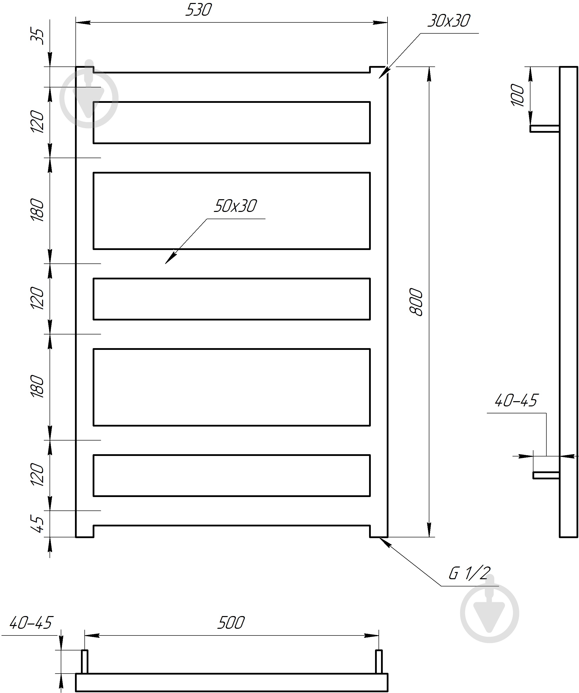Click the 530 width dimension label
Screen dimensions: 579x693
pyautogui.click(x=198, y=10)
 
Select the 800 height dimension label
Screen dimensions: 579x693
pyautogui.click(x=416, y=302)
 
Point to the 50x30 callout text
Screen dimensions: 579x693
pyautogui.click(x=235, y=206)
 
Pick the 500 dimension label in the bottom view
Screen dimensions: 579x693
pyautogui.click(x=231, y=623)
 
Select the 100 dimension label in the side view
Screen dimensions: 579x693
pyautogui.click(x=517, y=95)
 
